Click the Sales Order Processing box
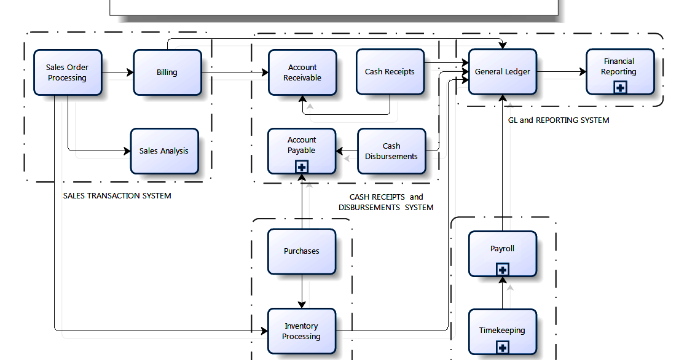point(68,72)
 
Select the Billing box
point(167,72)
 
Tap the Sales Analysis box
point(164,151)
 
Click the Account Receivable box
point(302,72)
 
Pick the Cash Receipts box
point(390,72)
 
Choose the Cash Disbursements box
point(391,151)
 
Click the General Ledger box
point(503,72)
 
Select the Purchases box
point(302,251)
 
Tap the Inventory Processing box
point(302,331)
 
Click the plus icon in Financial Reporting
point(620,88)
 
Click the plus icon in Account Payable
point(302,167)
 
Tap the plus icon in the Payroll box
point(503,269)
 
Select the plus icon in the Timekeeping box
point(503,348)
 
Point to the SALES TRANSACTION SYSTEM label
point(117,196)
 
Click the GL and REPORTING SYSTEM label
point(559,120)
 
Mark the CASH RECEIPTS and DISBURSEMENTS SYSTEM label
point(386,202)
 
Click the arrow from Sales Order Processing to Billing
point(118,72)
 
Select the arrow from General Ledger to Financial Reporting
point(562,71)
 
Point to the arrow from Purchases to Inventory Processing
point(302,292)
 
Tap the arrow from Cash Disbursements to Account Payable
point(347,151)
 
